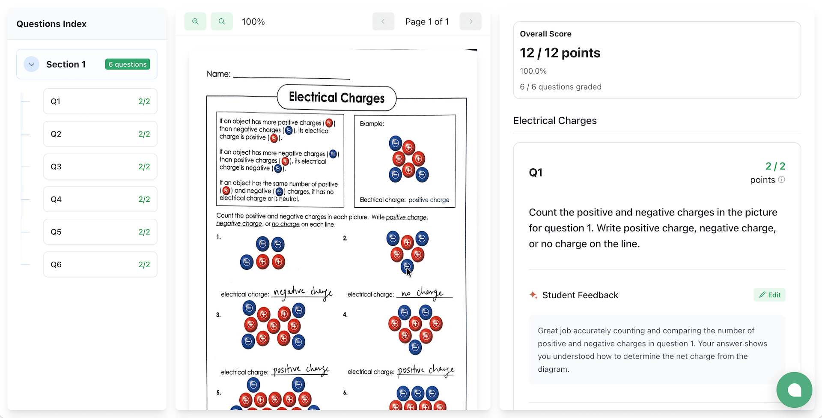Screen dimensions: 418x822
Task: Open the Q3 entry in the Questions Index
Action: pyautogui.click(x=100, y=167)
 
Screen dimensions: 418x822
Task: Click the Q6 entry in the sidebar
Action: pyautogui.click(x=100, y=264)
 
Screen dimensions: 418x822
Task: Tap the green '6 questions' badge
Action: pyautogui.click(x=128, y=64)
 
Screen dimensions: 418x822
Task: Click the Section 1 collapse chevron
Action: pyautogui.click(x=31, y=64)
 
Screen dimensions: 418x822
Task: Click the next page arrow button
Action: pyautogui.click(x=470, y=21)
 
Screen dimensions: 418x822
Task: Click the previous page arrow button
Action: pyautogui.click(x=383, y=21)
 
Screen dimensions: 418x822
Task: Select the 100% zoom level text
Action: pyautogui.click(x=253, y=22)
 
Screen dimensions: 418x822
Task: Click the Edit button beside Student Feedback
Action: pyautogui.click(x=769, y=295)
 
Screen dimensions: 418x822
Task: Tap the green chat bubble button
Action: pyautogui.click(x=794, y=390)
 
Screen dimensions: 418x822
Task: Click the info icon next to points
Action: pyautogui.click(x=781, y=180)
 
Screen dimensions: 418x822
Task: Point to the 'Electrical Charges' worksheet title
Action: pyautogui.click(x=337, y=98)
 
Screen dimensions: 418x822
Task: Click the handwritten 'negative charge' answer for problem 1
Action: pyautogui.click(x=302, y=292)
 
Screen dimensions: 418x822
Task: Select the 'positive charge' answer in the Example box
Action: pyautogui.click(x=429, y=200)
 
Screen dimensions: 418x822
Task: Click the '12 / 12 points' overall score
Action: pyautogui.click(x=560, y=53)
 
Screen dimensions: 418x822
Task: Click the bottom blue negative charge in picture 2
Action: pyautogui.click(x=407, y=267)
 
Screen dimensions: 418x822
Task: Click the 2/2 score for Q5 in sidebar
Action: pyautogui.click(x=144, y=232)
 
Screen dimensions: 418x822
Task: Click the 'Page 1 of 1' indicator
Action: pyautogui.click(x=427, y=22)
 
